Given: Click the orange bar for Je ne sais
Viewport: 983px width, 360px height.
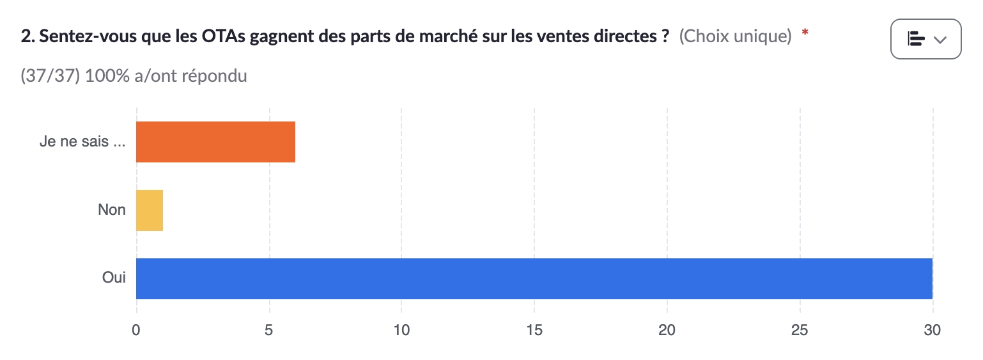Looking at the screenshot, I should coord(215,142).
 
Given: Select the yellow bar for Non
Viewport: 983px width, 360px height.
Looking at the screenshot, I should coord(150,210).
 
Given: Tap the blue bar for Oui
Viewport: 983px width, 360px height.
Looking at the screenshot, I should coord(534,279).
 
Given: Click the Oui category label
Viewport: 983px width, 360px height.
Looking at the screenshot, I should coord(114,278).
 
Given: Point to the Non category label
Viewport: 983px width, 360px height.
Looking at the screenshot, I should coord(112,210).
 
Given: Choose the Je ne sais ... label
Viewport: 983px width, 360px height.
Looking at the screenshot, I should coord(82,142).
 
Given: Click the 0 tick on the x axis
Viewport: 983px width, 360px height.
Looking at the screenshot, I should coord(136,331).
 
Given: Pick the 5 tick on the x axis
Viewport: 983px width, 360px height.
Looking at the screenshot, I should coord(269,331).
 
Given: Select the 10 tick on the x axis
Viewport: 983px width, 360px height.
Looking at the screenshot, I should coord(401,331).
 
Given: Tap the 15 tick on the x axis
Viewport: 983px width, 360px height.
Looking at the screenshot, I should coord(534,331).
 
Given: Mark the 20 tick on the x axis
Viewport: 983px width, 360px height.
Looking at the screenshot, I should coord(667,331).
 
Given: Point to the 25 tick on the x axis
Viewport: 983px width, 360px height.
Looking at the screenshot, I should coord(800,331).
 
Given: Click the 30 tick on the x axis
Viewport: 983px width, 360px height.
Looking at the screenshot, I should coord(933,331).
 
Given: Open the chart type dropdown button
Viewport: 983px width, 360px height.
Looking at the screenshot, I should coord(925,39).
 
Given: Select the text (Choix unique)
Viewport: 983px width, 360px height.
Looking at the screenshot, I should coord(735,37).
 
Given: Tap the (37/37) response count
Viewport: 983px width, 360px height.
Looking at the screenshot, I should coord(50,76).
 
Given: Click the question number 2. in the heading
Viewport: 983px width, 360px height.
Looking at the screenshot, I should coord(27,37).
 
